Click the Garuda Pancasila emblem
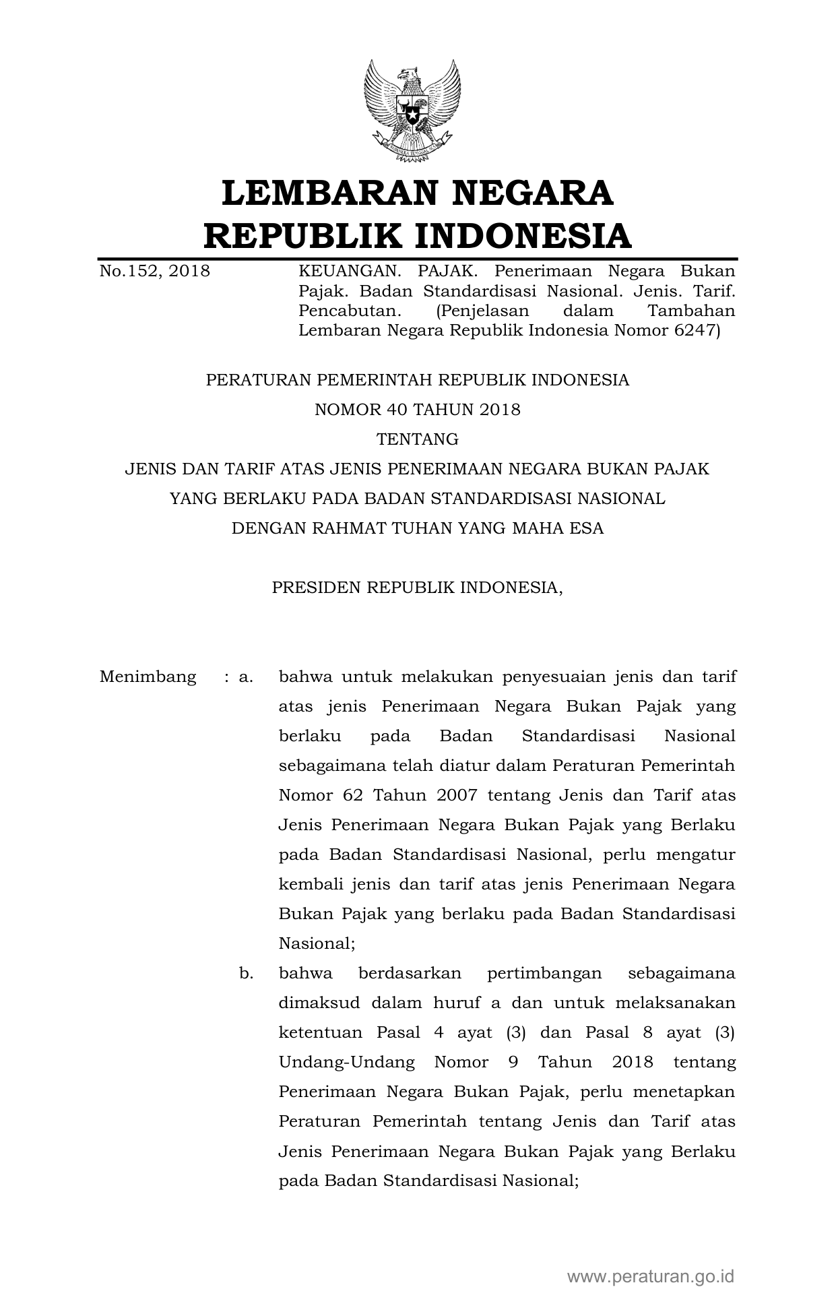[x=412, y=111]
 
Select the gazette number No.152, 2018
[x=154, y=272]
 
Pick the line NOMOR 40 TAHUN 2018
[x=418, y=410]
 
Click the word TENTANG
[x=418, y=439]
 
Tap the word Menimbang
[x=148, y=677]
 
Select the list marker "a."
[x=246, y=677]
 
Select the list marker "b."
[x=246, y=973]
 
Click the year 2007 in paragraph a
[x=457, y=795]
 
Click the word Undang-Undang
[x=347, y=1062]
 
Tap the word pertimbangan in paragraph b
[x=534, y=973]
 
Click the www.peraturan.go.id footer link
[x=650, y=1276]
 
